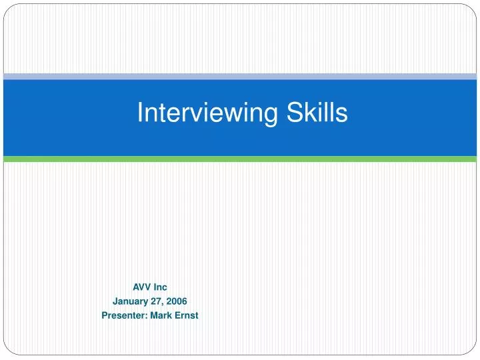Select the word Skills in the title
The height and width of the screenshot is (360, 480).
pyautogui.click(x=317, y=113)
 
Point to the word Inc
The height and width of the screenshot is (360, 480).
pyautogui.click(x=161, y=287)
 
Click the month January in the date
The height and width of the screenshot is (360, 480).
pyautogui.click(x=129, y=301)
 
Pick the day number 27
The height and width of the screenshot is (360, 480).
pyautogui.click(x=155, y=301)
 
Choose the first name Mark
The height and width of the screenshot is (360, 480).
pyautogui.click(x=160, y=315)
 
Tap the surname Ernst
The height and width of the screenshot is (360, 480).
pyautogui.click(x=186, y=315)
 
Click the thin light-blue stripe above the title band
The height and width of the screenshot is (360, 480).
pyautogui.click(x=240, y=77)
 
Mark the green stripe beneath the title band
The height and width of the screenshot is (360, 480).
pyautogui.click(x=240, y=159)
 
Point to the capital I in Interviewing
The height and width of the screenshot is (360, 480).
pyautogui.click(x=140, y=113)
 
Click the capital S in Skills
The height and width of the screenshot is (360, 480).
pyautogui.click(x=296, y=113)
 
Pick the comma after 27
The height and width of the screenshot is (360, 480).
pyautogui.click(x=162, y=304)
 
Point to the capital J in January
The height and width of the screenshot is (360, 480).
pyautogui.click(x=115, y=301)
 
